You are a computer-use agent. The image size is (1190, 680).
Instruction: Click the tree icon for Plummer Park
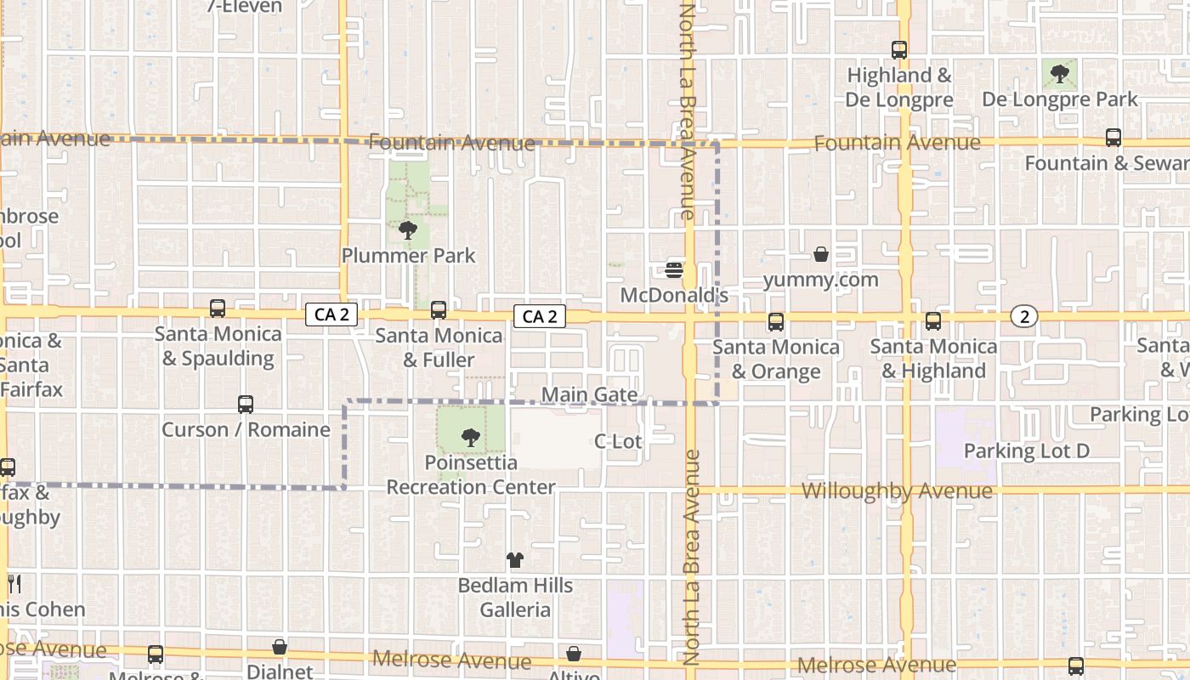(x=408, y=229)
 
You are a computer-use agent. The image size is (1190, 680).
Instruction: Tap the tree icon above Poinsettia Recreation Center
(x=470, y=438)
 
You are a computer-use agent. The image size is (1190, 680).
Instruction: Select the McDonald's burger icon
(x=675, y=270)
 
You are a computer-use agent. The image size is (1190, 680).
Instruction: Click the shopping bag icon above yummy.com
(x=821, y=254)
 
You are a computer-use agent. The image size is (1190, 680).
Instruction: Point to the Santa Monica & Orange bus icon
(x=775, y=321)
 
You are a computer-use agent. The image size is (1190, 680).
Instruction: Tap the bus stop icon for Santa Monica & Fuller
(x=439, y=310)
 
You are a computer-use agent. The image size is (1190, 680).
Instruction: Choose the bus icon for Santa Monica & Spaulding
(x=218, y=309)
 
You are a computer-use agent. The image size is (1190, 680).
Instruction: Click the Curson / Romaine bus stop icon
(x=246, y=405)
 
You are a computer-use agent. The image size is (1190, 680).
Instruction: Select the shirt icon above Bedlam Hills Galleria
(x=515, y=560)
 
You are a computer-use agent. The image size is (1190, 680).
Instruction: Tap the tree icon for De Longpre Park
(x=1059, y=74)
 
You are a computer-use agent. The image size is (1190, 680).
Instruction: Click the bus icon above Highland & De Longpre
(x=898, y=50)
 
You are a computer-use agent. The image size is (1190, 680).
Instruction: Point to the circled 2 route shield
(x=1024, y=316)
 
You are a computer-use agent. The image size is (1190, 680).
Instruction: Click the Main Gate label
(x=589, y=394)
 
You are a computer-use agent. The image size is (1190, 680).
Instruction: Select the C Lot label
(x=618, y=441)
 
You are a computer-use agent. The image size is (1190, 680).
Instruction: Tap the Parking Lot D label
(x=1026, y=450)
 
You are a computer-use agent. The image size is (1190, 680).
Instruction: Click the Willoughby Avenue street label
(x=897, y=491)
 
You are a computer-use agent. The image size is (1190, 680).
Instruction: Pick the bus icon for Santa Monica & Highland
(x=933, y=321)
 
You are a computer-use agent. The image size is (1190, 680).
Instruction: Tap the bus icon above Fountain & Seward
(x=1113, y=138)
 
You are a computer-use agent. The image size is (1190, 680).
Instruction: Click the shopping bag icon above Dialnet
(x=280, y=648)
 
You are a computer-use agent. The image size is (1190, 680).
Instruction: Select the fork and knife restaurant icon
(x=14, y=583)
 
